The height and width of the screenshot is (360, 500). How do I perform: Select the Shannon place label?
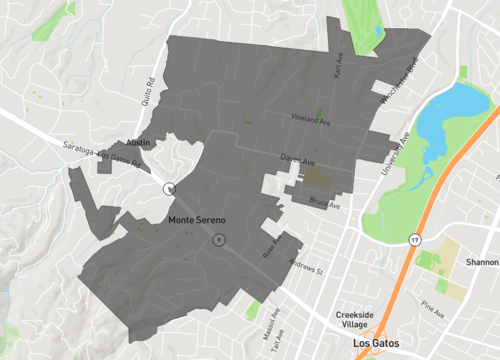(481, 261)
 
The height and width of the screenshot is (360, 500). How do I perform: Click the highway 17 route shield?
(412, 240)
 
